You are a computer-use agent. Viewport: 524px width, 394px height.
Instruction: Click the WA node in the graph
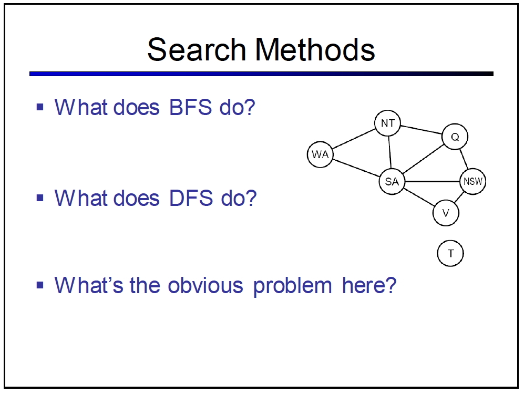(320, 154)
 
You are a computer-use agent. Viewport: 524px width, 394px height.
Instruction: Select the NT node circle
(388, 123)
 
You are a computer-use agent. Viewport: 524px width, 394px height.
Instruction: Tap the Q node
(455, 137)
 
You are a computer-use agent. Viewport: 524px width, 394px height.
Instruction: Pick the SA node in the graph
(392, 181)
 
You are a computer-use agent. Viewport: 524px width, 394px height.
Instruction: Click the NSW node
(473, 181)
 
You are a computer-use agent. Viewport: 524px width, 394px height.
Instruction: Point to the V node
(446, 213)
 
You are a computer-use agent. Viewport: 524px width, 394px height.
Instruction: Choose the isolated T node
(450, 253)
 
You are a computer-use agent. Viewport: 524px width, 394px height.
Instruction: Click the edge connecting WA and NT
(354, 139)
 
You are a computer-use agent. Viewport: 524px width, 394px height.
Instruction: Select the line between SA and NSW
(433, 181)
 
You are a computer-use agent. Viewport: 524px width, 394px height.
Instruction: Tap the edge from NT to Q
(421, 130)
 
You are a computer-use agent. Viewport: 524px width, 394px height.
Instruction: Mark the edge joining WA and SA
(356, 168)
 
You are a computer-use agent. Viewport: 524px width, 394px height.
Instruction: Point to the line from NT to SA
(389, 152)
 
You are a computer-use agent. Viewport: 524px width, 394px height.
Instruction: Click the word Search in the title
(197, 49)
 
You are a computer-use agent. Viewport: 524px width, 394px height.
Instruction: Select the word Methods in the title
(315, 49)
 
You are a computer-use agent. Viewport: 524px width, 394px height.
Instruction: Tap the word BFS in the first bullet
(190, 107)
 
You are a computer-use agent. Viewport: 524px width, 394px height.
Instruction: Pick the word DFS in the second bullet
(191, 198)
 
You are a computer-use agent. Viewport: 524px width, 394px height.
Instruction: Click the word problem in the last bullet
(292, 286)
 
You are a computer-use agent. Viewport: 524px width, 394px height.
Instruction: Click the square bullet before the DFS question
(40, 198)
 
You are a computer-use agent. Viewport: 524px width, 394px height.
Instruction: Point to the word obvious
(205, 285)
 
